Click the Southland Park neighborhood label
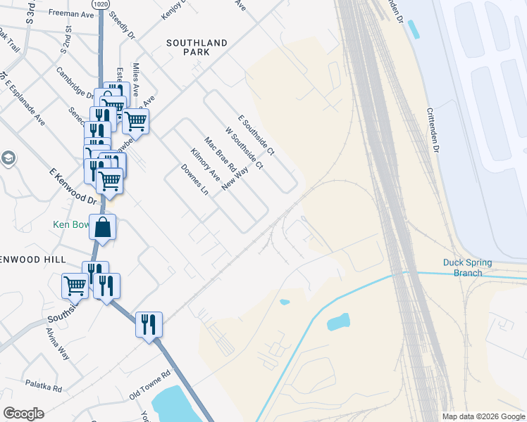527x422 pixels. [197, 48]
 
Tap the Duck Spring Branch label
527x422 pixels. [468, 268]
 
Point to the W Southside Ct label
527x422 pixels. [244, 148]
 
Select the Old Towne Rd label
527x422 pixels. [150, 380]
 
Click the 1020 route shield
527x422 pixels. [100, 4]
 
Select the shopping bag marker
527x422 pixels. [103, 228]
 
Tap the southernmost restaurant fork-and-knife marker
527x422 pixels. [149, 325]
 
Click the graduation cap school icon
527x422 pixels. [8, 158]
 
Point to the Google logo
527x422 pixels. [23, 414]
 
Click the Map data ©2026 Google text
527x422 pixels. [483, 416]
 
